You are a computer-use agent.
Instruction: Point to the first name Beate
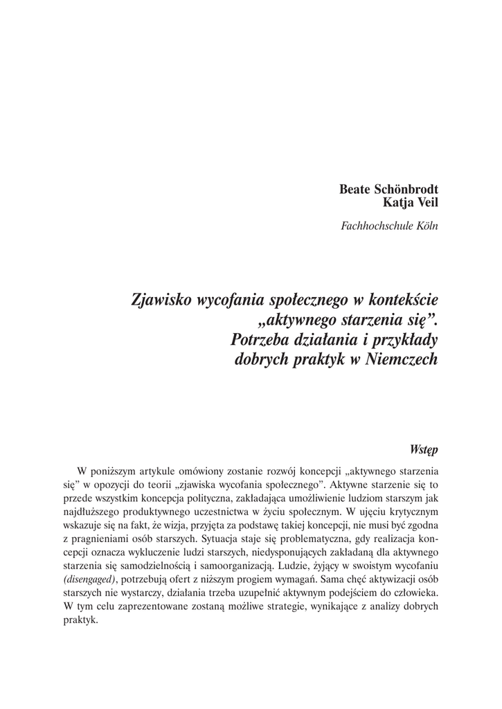(354, 189)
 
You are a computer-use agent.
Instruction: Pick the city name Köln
(427, 225)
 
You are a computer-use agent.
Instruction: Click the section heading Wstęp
(424, 448)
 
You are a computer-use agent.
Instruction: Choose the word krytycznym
(409, 510)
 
